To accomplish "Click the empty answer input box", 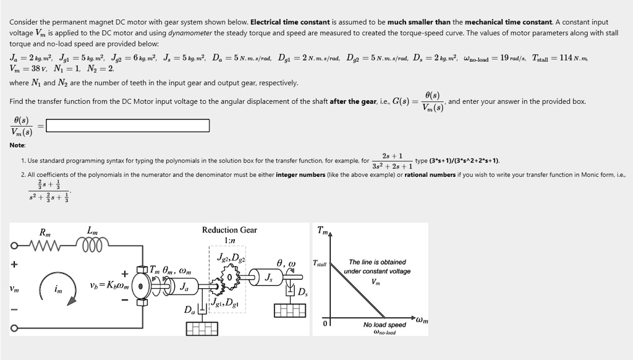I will pos(128,126).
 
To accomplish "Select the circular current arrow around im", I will pos(58,288).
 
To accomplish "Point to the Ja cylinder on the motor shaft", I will pos(184,286).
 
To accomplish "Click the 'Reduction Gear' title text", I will pos(229,230).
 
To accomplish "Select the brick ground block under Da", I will pos(202,328).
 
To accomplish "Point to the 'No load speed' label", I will pos(384,325).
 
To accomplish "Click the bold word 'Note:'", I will pos(17,145).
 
